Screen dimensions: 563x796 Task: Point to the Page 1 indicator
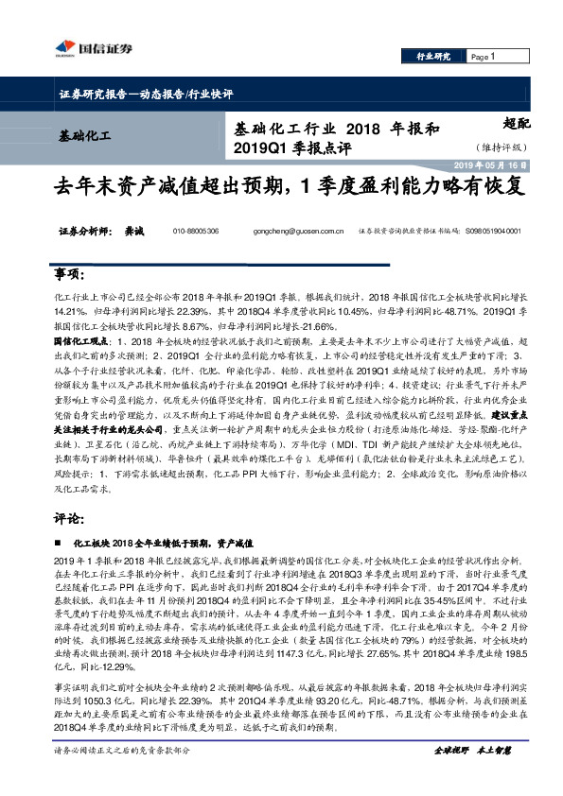pyautogui.click(x=484, y=58)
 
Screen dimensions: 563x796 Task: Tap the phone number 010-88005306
pyautogui.click(x=196, y=231)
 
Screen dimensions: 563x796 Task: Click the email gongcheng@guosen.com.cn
pyautogui.click(x=294, y=231)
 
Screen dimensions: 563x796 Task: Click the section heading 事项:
pyautogui.click(x=70, y=274)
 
